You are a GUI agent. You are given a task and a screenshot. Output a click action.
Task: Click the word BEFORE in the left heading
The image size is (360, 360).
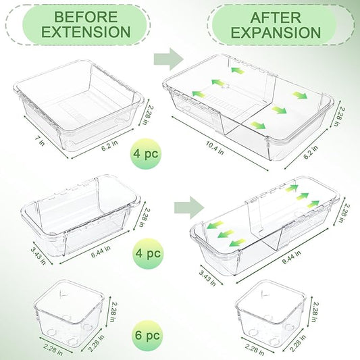(x=86, y=17)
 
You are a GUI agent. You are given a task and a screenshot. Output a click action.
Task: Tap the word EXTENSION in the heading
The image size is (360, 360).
(x=86, y=32)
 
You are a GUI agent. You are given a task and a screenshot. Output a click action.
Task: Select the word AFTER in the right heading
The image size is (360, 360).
(x=276, y=18)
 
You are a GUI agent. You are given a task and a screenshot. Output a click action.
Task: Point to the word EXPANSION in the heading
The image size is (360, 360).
(x=276, y=32)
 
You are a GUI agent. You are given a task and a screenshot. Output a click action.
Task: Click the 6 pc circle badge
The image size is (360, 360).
(x=147, y=336)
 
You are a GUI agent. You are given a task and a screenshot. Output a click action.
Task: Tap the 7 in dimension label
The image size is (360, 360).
(x=40, y=140)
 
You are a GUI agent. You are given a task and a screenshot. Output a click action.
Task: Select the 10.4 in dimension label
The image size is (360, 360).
(x=214, y=148)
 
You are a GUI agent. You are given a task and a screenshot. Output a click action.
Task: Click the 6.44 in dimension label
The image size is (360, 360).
(x=101, y=251)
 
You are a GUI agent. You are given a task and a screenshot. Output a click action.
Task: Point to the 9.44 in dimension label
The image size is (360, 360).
(x=291, y=257)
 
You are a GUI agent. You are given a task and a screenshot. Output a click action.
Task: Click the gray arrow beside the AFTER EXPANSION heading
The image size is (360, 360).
(x=169, y=59)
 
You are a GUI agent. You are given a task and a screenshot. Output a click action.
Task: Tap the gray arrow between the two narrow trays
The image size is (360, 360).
(x=189, y=207)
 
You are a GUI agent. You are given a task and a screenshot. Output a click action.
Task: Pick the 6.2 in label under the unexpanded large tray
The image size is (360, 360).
(x=109, y=146)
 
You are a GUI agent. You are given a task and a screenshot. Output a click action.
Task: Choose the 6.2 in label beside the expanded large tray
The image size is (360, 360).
(x=311, y=152)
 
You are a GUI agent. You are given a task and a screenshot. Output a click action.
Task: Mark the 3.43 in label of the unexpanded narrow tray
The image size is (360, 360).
(x=38, y=255)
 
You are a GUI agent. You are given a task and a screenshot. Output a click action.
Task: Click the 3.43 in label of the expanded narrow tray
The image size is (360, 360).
(x=207, y=278)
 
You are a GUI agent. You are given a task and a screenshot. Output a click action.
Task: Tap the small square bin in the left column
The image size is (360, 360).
(x=69, y=313)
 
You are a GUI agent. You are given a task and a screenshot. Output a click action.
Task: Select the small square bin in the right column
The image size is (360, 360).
(x=271, y=313)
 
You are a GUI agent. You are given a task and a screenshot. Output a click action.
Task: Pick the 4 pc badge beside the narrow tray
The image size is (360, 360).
(x=148, y=253)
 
